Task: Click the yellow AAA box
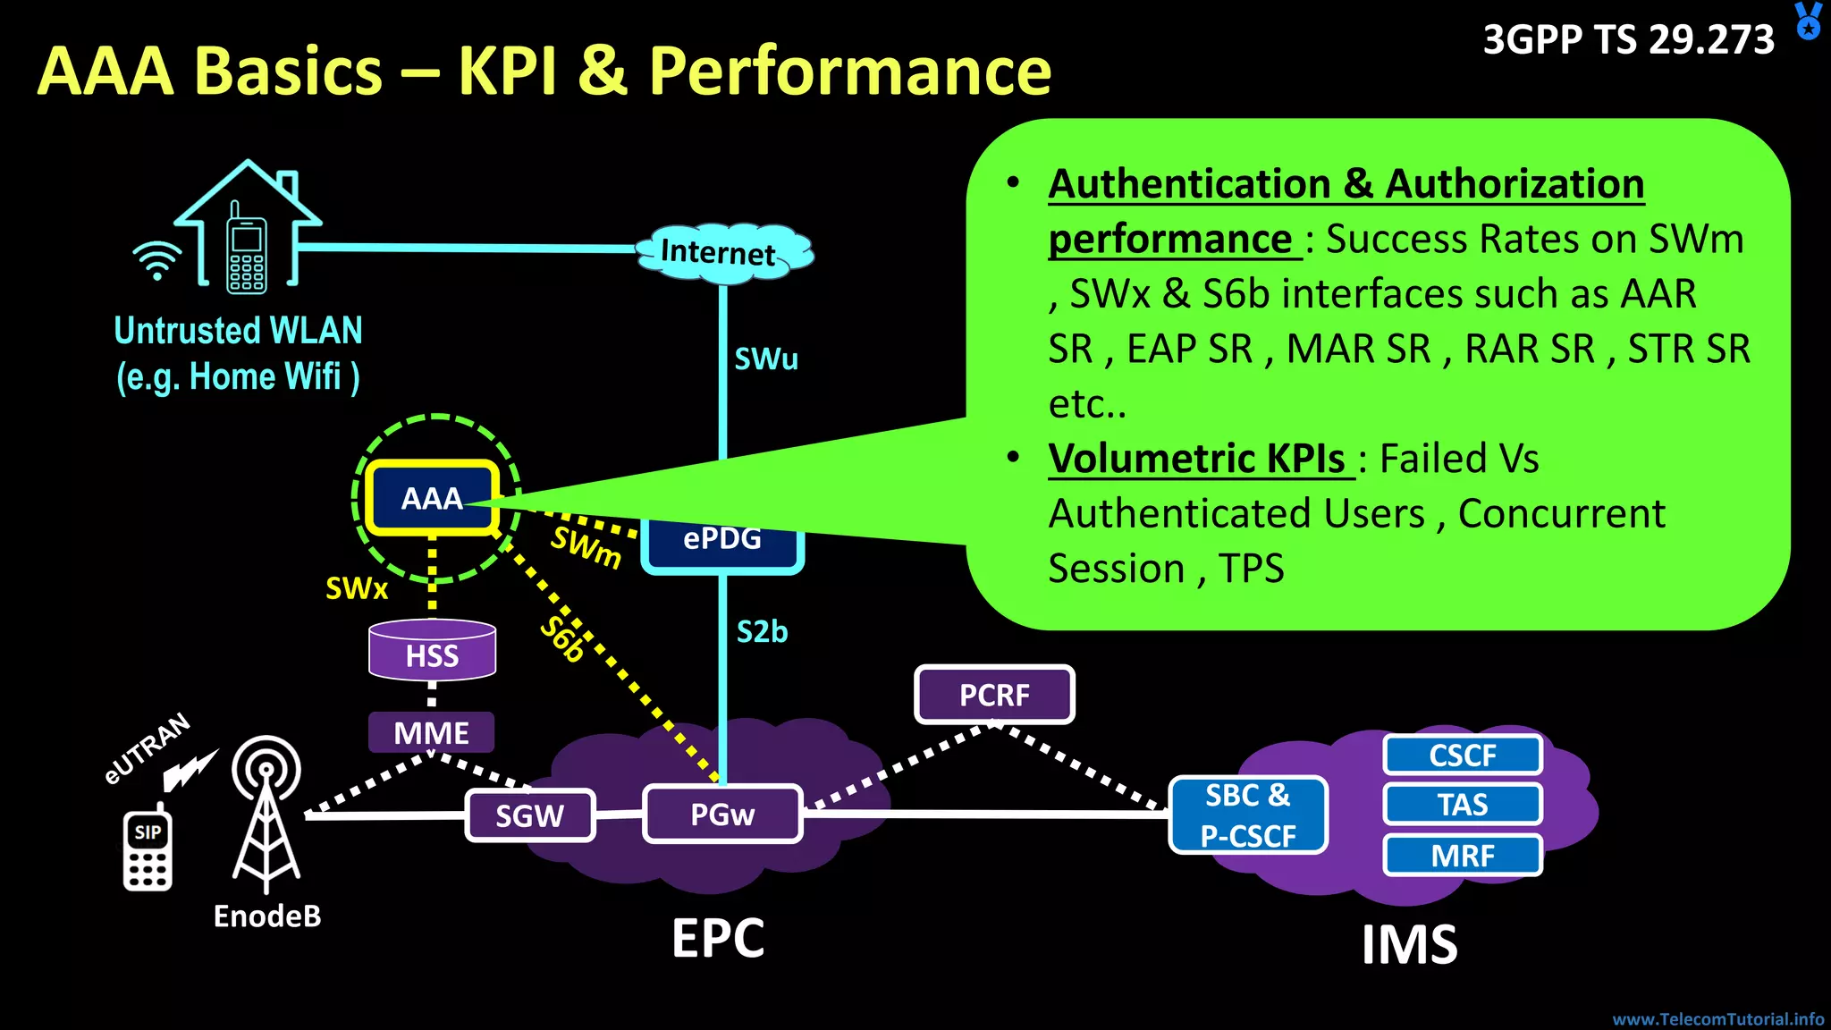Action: point(432,498)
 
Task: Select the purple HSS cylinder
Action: point(432,650)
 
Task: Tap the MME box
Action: point(431,733)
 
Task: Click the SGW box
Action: point(530,815)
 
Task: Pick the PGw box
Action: point(722,814)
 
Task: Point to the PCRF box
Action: point(994,695)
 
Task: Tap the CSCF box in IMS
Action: point(1463,756)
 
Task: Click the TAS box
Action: point(1463,805)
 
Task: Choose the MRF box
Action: point(1463,856)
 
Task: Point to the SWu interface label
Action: point(766,359)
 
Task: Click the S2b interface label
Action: point(762,632)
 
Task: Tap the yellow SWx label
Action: point(356,588)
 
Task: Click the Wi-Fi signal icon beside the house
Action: point(156,260)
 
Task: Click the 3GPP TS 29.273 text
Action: point(1628,40)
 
